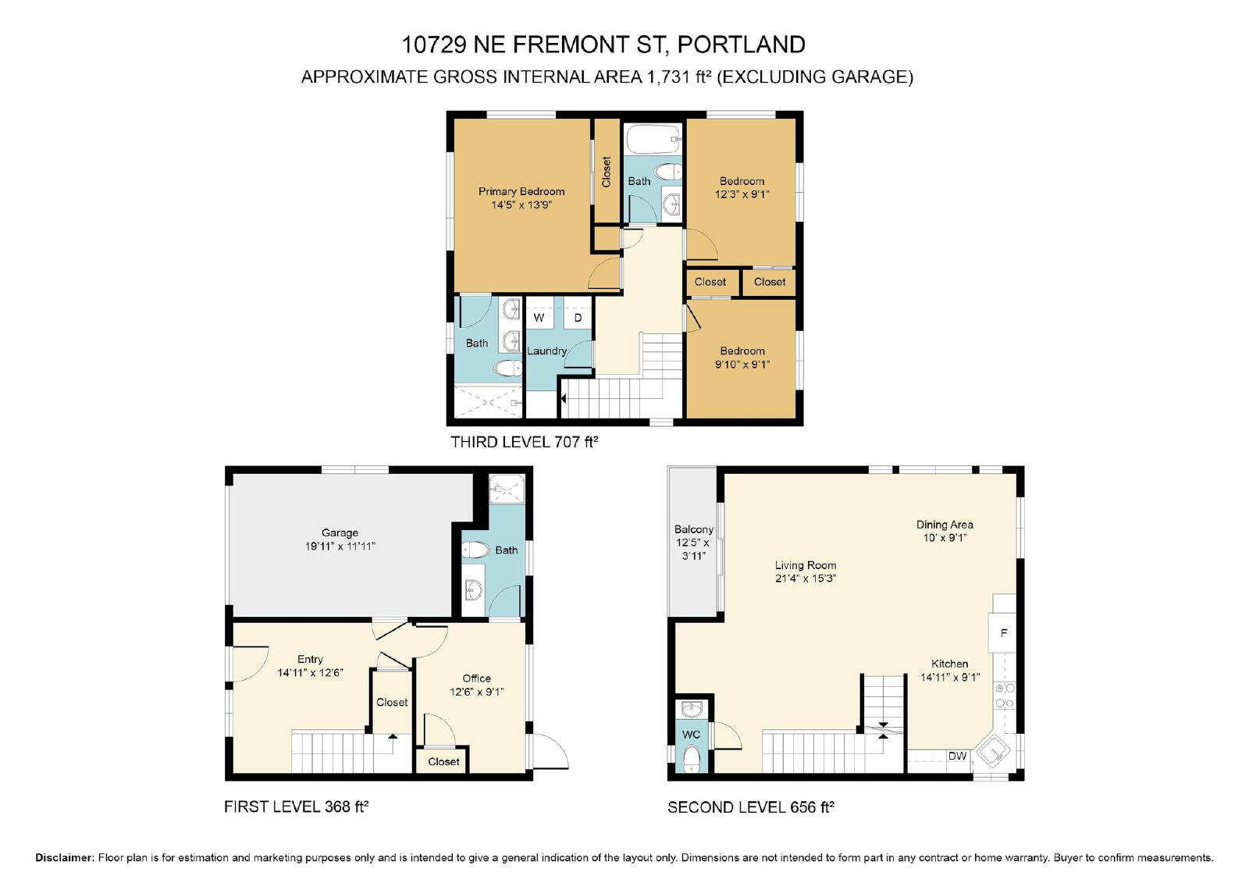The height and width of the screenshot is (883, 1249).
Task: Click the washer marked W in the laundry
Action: (x=539, y=318)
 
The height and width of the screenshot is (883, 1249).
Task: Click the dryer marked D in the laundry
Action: (x=578, y=318)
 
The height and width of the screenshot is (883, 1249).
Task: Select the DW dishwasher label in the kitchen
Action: (x=957, y=756)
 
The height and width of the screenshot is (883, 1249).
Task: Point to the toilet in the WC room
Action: (x=692, y=758)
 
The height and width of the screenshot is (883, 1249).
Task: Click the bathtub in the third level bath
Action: (x=653, y=140)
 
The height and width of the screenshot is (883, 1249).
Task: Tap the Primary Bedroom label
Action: (x=521, y=191)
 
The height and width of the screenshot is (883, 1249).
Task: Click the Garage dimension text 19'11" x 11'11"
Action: (x=340, y=546)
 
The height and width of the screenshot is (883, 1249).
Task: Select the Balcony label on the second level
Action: (x=694, y=529)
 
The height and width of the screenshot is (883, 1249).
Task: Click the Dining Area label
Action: (x=945, y=525)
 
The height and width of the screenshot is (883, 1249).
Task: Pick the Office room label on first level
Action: (x=477, y=678)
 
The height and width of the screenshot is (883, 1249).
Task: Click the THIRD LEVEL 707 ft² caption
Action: (x=524, y=442)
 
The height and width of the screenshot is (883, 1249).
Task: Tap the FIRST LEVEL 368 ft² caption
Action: (x=297, y=806)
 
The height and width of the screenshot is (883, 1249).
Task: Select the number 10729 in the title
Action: (x=434, y=45)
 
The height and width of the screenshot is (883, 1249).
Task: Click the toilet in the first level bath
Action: (x=475, y=550)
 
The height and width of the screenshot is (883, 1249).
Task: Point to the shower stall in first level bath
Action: (x=507, y=490)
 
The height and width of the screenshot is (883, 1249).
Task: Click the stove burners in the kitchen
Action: (x=1005, y=695)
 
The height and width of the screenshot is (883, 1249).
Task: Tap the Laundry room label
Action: (x=546, y=351)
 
